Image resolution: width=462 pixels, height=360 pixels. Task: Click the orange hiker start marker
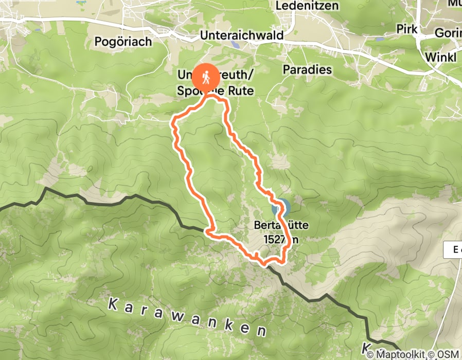click(206, 79)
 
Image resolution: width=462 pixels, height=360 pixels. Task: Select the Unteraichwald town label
click(241, 35)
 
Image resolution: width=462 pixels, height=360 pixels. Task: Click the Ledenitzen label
click(314, 6)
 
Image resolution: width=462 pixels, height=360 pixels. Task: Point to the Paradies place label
click(307, 69)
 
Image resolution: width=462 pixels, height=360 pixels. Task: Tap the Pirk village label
click(407, 29)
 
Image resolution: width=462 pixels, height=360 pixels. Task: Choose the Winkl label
click(441, 57)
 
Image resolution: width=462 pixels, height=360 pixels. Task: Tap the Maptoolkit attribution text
click(404, 354)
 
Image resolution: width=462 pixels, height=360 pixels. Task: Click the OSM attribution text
click(448, 354)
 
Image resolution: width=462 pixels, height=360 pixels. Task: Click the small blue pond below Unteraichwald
click(235, 45)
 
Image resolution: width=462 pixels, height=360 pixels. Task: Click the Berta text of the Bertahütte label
click(265, 225)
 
